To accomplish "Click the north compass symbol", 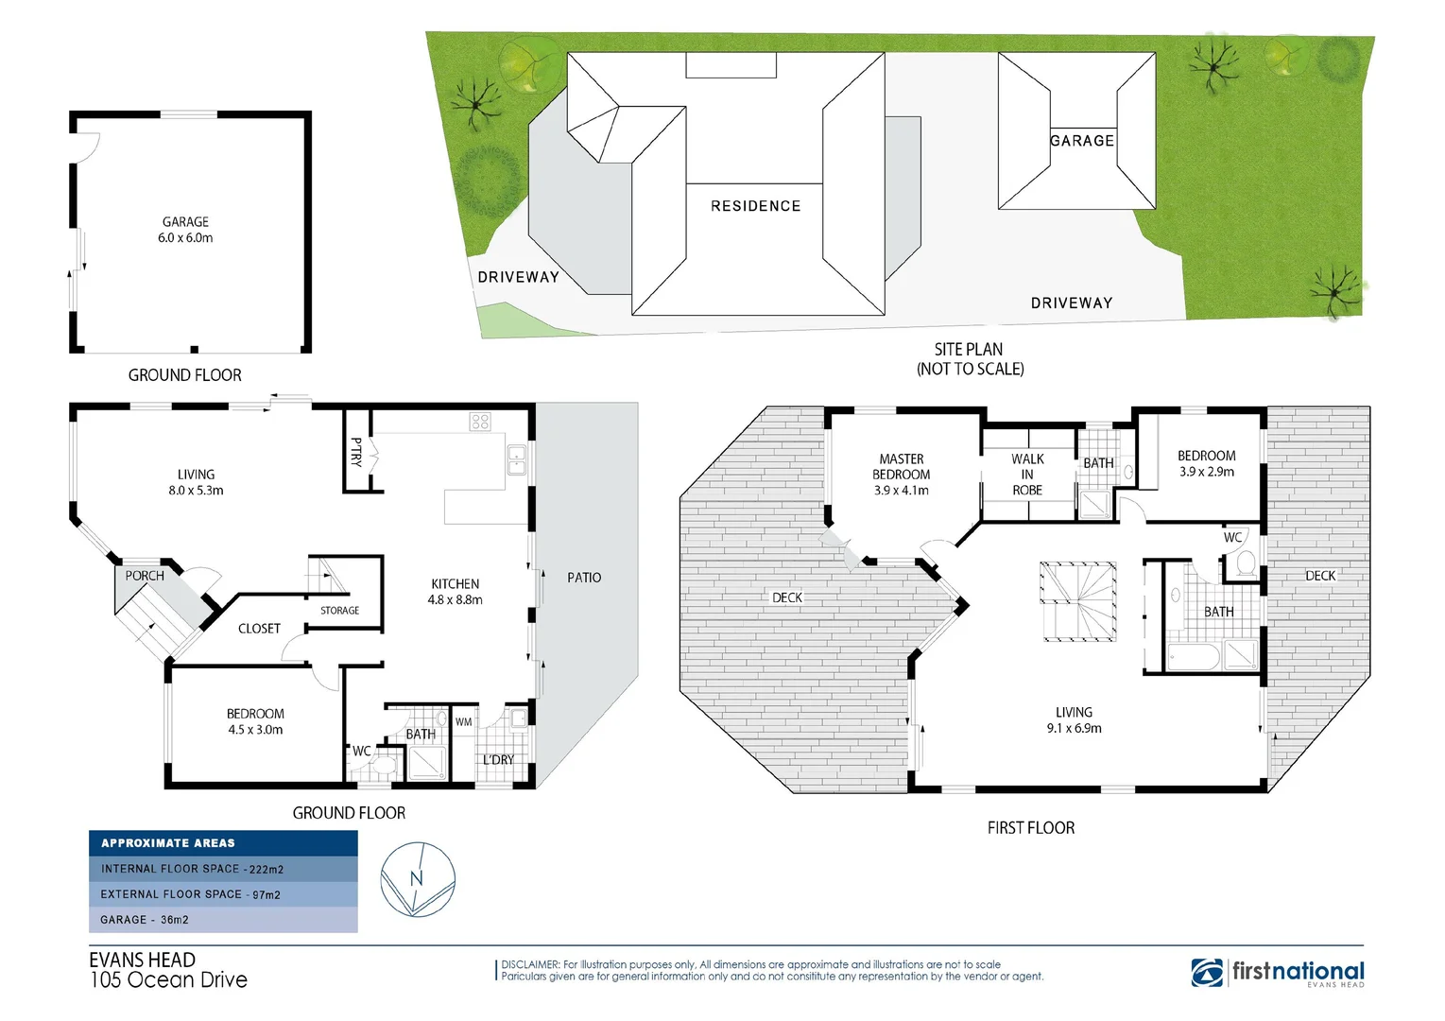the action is (x=417, y=880).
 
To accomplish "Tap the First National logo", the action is (x=1278, y=973).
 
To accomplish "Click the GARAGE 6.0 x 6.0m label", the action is (x=185, y=230).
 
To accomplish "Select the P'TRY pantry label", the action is (x=356, y=452).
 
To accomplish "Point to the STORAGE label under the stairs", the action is (x=339, y=611).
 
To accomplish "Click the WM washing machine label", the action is (x=463, y=722).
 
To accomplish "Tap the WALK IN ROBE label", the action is (x=1027, y=475).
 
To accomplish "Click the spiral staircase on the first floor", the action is (x=1078, y=601).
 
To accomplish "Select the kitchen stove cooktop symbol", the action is (x=480, y=422).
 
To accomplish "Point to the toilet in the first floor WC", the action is (x=1245, y=565).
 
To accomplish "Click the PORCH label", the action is (x=145, y=576).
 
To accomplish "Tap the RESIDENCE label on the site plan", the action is (x=755, y=206).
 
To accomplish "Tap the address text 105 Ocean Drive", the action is (x=168, y=980).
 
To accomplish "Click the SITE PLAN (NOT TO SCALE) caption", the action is (x=970, y=359).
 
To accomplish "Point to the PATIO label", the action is (x=584, y=578).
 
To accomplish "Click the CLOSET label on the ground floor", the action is (x=259, y=629).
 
